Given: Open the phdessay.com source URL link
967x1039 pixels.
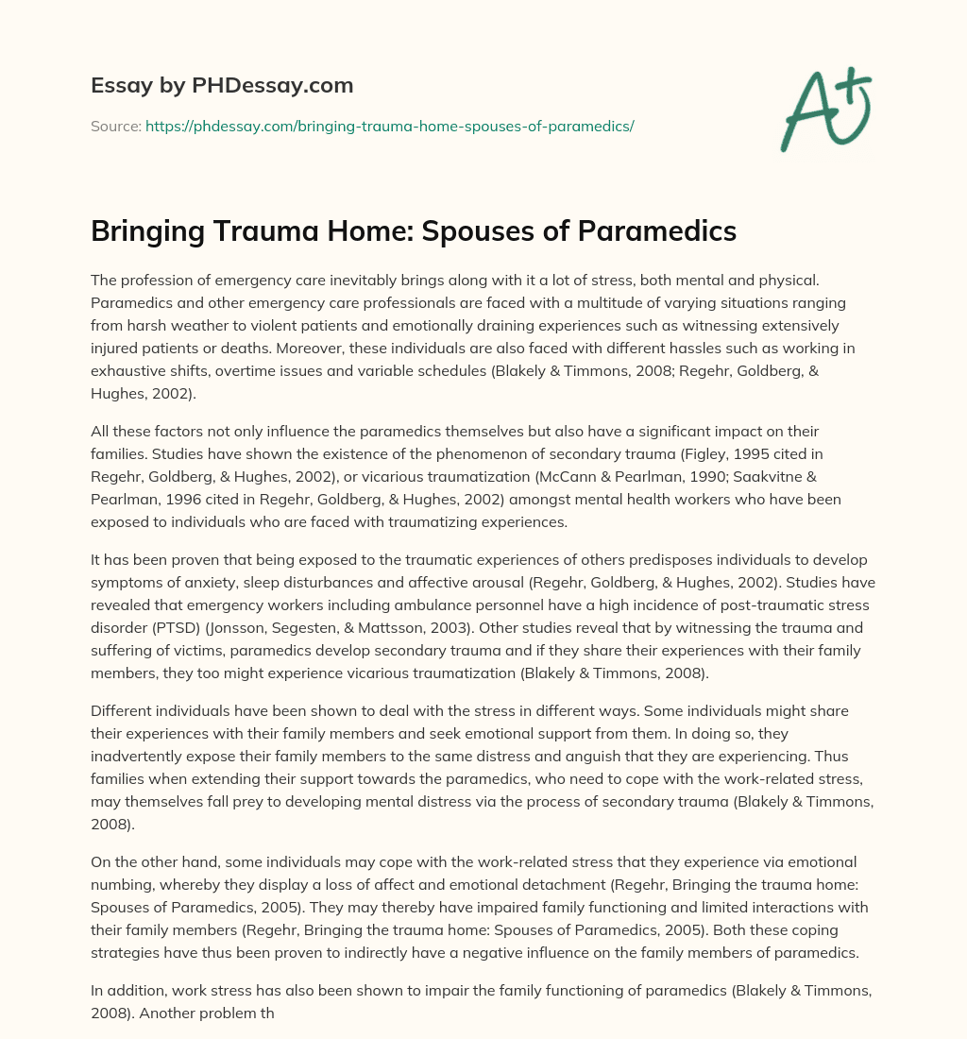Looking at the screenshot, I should [x=389, y=126].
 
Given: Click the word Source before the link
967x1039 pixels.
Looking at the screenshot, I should [x=114, y=126].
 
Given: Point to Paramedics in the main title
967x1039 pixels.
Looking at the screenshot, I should [x=647, y=231].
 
